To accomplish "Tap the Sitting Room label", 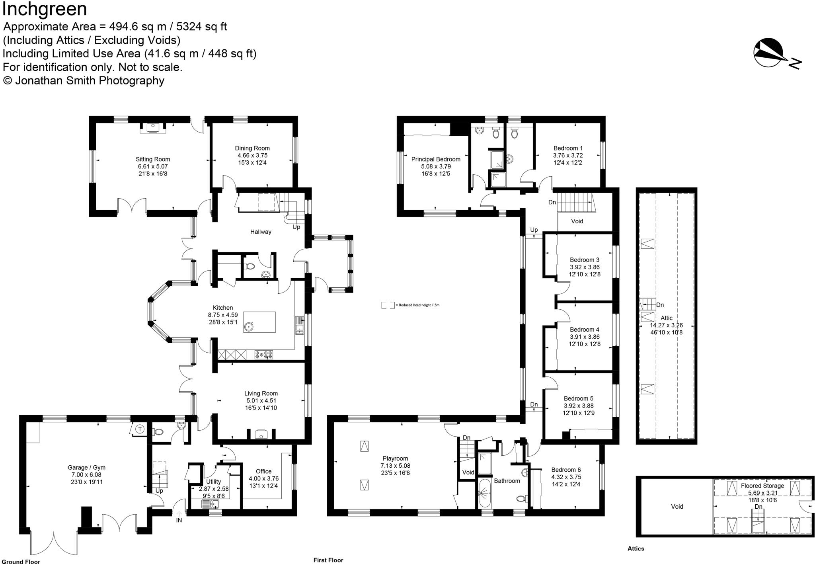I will tap(153, 159).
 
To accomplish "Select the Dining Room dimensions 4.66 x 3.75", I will tap(252, 156).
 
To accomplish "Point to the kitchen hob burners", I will tap(264, 354).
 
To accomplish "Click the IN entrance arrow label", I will tap(179, 520).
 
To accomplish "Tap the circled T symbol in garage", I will tap(140, 429).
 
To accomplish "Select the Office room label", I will tap(263, 471).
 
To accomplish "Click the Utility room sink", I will tap(210, 504).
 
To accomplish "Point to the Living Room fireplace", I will tap(261, 434).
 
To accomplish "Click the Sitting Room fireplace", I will tap(153, 128).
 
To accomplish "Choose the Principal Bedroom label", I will tap(436, 159).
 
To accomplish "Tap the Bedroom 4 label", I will tap(584, 330).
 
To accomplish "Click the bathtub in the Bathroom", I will tap(485, 494).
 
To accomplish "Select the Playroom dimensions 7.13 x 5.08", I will tap(395, 466).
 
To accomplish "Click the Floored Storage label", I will tap(762, 486).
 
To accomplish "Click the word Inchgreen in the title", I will tap(45, 9).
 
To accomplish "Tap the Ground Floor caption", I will tap(20, 562).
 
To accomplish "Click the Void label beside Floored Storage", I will tap(677, 507).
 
